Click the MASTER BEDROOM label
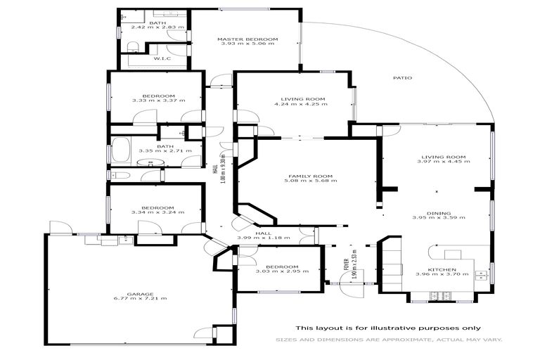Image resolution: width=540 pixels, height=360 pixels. pyautogui.click(x=247, y=39)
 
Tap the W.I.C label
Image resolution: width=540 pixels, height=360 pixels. pyautogui.click(x=159, y=59)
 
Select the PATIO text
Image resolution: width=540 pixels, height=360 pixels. pyautogui.click(x=403, y=78)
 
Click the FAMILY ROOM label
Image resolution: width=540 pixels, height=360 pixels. pyautogui.click(x=309, y=176)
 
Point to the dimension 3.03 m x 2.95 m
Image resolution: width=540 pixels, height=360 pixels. pyautogui.click(x=277, y=272)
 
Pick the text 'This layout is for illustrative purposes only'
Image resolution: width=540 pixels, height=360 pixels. pyautogui.click(x=388, y=328)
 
